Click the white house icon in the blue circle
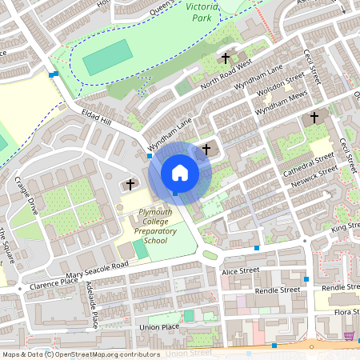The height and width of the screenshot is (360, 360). tap(180, 172)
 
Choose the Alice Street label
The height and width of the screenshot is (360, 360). tap(240, 272)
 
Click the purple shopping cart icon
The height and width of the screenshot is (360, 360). tap(349, 336)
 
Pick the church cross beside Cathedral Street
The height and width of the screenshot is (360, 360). tap(314, 118)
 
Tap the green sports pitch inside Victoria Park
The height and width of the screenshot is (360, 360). tap(107, 58)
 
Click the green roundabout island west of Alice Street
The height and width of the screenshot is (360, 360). tap(210, 256)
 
